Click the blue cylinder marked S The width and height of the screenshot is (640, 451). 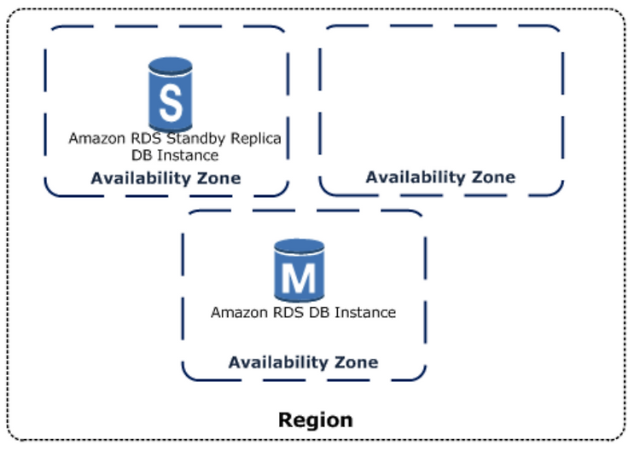click(x=170, y=95)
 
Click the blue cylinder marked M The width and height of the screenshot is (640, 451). click(x=300, y=270)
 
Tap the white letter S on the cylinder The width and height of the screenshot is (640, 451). click(x=171, y=103)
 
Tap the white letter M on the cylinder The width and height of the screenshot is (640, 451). click(x=300, y=277)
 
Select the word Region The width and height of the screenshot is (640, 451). click(x=316, y=420)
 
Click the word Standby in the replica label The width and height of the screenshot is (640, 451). click(x=196, y=139)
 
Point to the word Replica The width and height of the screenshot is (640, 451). click(x=256, y=139)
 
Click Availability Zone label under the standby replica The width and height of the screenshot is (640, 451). click(x=166, y=178)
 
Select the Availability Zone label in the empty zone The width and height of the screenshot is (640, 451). click(x=440, y=177)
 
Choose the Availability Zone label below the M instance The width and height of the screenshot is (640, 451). click(x=303, y=362)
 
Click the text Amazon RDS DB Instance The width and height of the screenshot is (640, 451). click(x=303, y=312)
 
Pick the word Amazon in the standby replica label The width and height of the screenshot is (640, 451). click(x=97, y=139)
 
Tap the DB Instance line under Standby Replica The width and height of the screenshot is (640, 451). click(x=175, y=155)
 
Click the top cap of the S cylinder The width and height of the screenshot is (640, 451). click(x=170, y=66)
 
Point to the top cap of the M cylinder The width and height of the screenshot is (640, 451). click(x=300, y=246)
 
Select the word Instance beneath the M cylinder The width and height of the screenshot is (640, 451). click(x=365, y=312)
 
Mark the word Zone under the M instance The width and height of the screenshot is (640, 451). click(x=357, y=362)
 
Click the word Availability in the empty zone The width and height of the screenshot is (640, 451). click(x=416, y=177)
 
